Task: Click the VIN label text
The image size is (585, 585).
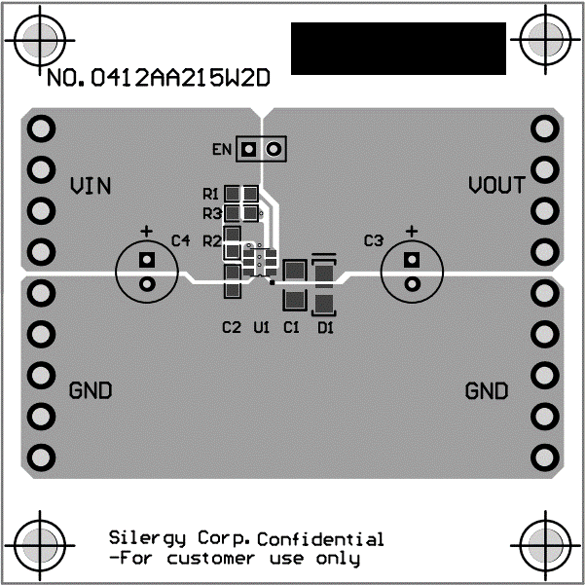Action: [90, 185]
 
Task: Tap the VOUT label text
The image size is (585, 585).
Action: [496, 185]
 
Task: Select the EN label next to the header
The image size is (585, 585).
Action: [221, 149]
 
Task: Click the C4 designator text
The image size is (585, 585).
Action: [181, 239]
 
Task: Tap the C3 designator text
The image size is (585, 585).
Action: [374, 239]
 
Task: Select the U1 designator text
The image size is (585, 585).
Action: [261, 328]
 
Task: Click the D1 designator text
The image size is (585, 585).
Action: [325, 328]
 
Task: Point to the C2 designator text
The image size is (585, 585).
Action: [231, 328]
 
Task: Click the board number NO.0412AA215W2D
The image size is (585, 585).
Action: [157, 79]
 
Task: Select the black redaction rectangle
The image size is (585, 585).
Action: [398, 48]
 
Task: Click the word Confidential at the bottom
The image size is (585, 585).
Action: [321, 539]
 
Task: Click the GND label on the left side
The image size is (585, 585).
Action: [91, 391]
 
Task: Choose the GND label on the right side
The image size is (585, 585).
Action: [487, 391]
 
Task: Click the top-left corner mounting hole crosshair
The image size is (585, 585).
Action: [40, 40]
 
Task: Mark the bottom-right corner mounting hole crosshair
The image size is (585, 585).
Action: [544, 544]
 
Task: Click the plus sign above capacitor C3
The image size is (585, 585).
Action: [411, 232]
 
